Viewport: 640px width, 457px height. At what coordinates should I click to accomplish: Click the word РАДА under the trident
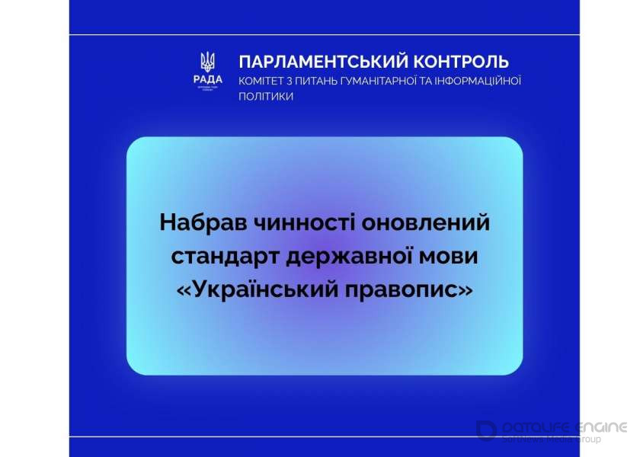207,80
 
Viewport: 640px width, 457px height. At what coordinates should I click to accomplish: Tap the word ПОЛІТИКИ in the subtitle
266,97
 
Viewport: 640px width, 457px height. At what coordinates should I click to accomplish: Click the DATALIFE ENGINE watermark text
565,427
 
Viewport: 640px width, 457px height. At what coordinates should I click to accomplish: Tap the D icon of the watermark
486,430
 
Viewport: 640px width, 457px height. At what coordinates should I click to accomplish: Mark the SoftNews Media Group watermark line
552,439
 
